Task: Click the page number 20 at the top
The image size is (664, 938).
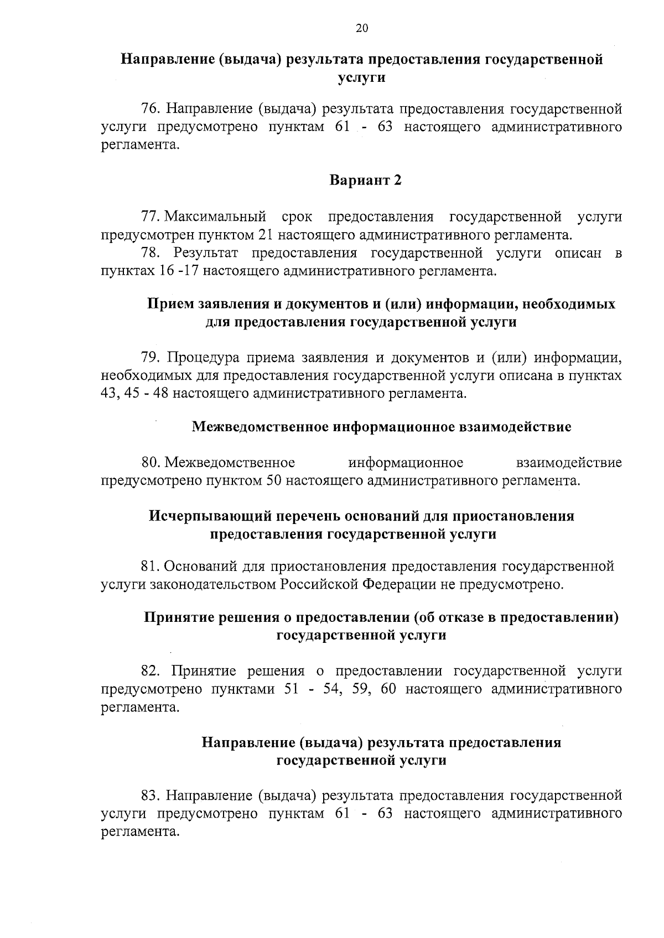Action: coord(362,29)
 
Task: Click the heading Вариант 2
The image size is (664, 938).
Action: coord(365,181)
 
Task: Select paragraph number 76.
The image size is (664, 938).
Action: coord(150,109)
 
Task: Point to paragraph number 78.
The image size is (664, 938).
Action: coord(150,253)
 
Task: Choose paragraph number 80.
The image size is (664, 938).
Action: coord(150,462)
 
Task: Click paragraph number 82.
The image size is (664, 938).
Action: coord(150,671)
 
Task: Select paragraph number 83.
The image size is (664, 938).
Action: coord(150,796)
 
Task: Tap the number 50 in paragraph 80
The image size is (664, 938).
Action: coord(274,480)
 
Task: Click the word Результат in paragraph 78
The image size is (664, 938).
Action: coord(205,253)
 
